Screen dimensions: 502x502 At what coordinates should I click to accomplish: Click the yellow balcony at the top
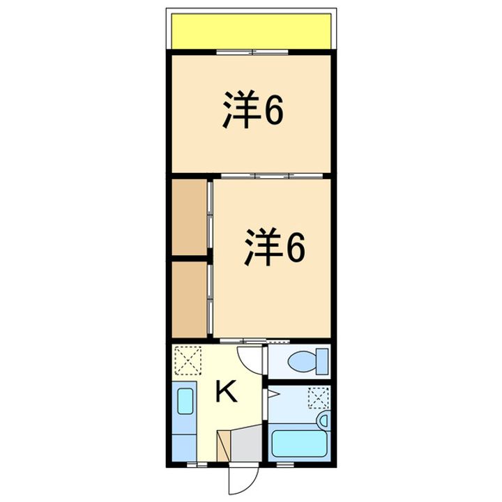pyautogui.click(x=251, y=31)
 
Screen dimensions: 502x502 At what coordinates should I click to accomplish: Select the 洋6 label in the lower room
pyautogui.click(x=274, y=248)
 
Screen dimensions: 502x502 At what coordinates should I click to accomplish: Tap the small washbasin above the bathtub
pyautogui.click(x=323, y=420)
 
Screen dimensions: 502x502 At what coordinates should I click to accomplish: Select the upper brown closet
pyautogui.click(x=190, y=216)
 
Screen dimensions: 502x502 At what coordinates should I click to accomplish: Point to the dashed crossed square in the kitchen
pyautogui.click(x=186, y=360)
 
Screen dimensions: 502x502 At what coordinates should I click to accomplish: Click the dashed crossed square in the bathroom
pyautogui.click(x=318, y=397)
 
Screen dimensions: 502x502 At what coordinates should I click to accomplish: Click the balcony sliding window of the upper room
pyautogui.click(x=251, y=52)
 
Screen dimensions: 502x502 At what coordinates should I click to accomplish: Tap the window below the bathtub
pyautogui.click(x=286, y=463)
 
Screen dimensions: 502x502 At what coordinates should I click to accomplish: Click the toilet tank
pyautogui.click(x=322, y=361)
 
